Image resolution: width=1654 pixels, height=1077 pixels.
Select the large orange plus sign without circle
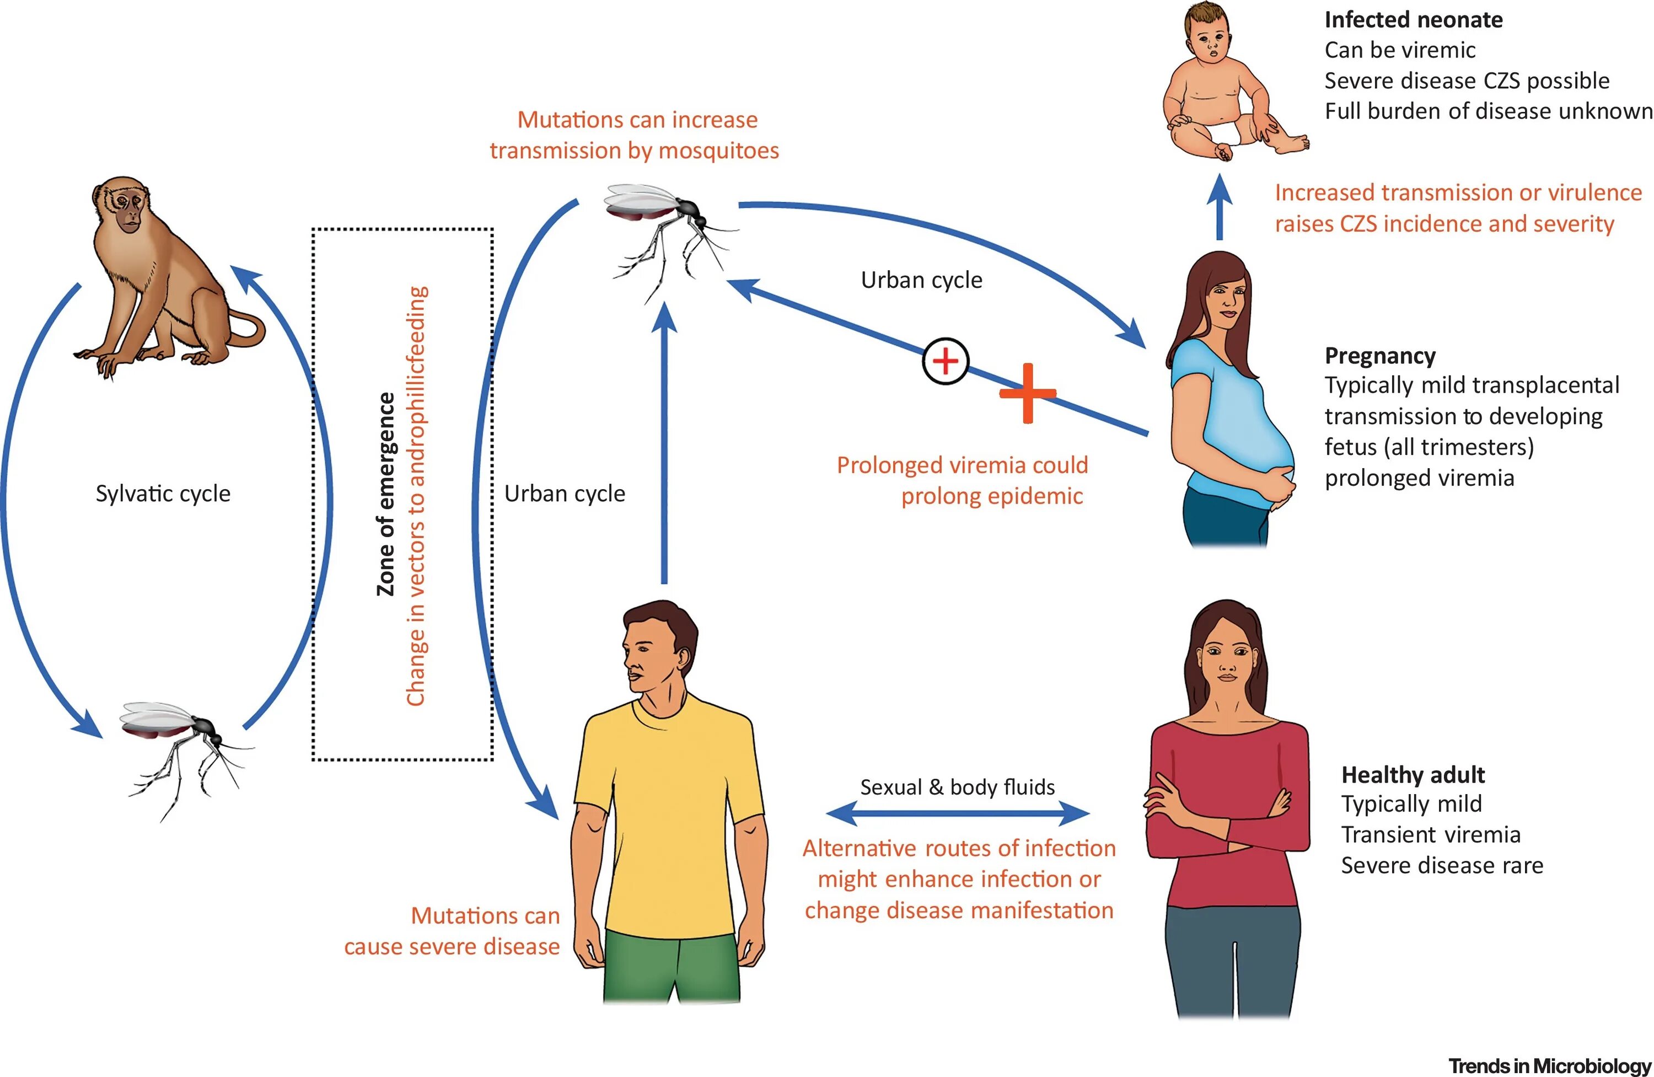point(1027,394)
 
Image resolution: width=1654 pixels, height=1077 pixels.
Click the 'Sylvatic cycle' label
point(163,494)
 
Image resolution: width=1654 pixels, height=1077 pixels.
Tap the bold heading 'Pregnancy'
point(1379,355)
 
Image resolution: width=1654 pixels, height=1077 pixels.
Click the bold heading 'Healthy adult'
point(1413,775)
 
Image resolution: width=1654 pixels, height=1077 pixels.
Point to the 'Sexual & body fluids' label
point(957,787)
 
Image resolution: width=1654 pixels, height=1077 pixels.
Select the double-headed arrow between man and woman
point(957,813)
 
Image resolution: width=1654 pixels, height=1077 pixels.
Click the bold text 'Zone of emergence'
point(386,494)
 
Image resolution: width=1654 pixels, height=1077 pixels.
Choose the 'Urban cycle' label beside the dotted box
point(565,494)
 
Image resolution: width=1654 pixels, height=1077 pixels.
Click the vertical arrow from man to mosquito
point(665,445)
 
